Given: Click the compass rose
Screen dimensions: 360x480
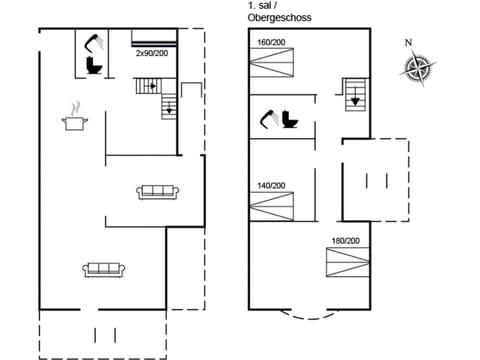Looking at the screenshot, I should pos(417,67).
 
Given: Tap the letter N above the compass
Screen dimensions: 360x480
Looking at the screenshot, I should pos(408,42).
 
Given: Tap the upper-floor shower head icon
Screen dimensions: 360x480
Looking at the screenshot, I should pos(268,117).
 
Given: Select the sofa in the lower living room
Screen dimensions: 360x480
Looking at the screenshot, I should pos(103,268).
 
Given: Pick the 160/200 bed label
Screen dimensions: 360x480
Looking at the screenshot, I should pos(271,43).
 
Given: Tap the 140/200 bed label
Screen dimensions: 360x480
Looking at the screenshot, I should pos(271,185).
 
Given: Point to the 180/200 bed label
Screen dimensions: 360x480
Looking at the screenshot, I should pos(345,241).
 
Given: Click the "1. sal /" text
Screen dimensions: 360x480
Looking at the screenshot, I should pos(261,6).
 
